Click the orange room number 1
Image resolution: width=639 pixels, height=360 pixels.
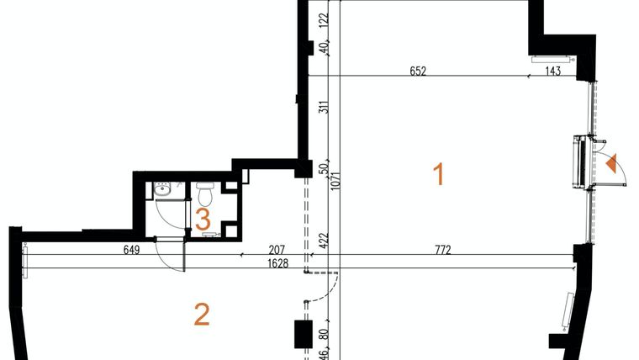coord(437,174)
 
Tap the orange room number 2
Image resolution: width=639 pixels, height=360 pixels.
coord(201,314)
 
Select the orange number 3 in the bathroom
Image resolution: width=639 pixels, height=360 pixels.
coord(203,220)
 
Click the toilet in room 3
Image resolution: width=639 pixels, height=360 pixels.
coord(205,195)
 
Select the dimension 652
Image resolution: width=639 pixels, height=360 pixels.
coord(419,71)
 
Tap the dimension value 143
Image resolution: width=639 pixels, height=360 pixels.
coord(552,71)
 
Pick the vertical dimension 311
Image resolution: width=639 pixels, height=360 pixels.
coord(324,107)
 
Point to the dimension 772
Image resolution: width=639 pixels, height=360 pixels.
coord(443,249)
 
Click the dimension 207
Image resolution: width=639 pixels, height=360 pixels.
coord(278,249)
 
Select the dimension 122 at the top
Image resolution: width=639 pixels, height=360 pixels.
coord(324,19)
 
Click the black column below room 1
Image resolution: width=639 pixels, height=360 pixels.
coord(302,334)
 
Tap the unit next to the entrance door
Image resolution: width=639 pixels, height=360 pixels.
coord(578,159)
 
